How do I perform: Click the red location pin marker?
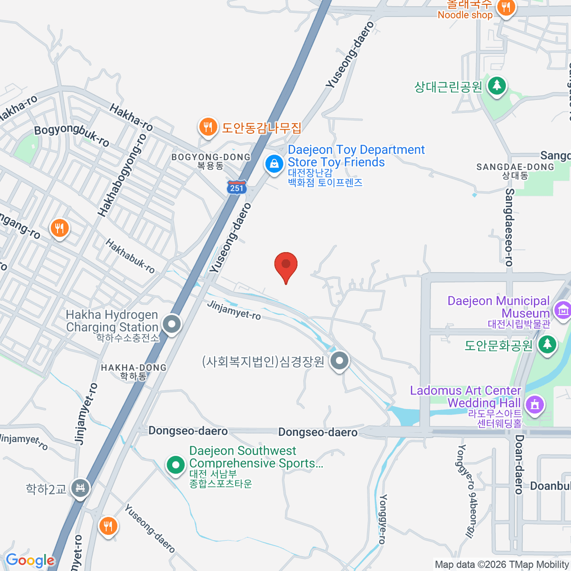286,265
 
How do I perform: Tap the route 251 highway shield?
236,187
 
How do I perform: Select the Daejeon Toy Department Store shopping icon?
274,165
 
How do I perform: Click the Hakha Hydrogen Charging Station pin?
172,325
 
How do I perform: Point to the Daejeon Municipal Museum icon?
562,310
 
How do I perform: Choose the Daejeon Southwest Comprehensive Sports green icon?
176,464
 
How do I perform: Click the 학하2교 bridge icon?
80,488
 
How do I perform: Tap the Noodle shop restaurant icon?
506,8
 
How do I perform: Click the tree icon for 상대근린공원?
497,86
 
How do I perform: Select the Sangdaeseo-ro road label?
510,227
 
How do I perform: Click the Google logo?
30,561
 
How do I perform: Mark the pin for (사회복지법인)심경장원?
339,362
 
